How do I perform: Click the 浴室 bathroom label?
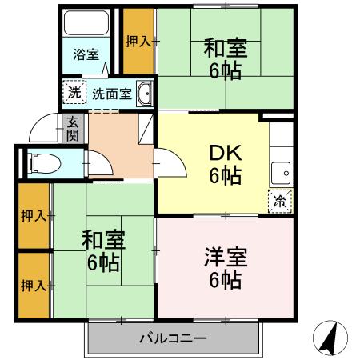coord(86,54)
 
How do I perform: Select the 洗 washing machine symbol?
coord(74,93)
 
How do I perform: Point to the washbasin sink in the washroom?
coord(145,95)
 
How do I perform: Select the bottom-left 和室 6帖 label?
coord(102,250)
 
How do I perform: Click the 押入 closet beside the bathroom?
coord(137,41)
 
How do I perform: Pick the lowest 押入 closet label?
coord(33,285)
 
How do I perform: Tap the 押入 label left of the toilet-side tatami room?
coord(33,216)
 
